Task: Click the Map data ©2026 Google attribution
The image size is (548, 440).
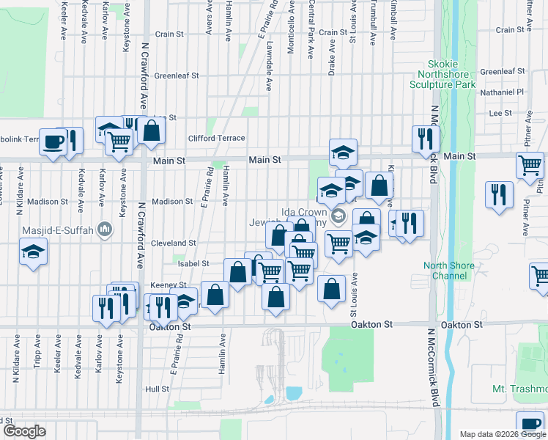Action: [503, 434]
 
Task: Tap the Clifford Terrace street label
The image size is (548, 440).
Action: [216, 138]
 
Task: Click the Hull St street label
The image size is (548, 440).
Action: [157, 389]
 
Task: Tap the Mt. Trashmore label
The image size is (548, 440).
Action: [521, 389]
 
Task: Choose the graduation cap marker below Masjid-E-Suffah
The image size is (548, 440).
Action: [32, 252]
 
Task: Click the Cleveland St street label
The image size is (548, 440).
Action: [173, 243]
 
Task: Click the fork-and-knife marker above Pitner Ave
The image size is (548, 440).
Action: [498, 195]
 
